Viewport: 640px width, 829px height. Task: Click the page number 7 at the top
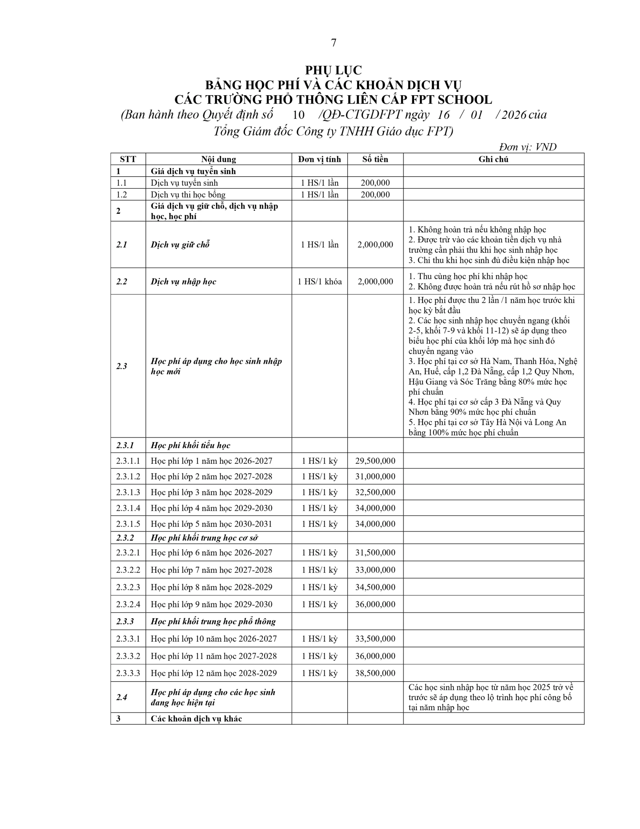click(334, 43)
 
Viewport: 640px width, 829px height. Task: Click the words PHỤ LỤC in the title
click(334, 70)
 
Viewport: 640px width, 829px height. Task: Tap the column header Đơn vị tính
click(319, 159)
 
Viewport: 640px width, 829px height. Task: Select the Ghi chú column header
click(493, 159)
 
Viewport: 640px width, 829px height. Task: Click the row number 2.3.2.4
click(128, 604)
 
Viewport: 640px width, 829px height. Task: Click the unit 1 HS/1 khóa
click(319, 282)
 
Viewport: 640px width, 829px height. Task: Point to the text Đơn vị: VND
click(528, 147)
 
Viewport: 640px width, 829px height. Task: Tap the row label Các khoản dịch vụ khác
click(196, 719)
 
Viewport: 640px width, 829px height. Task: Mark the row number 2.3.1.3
click(128, 492)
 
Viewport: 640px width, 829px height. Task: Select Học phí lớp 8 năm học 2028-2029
click(211, 587)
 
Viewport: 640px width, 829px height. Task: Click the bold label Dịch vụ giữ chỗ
click(180, 245)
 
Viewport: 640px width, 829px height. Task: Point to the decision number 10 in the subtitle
click(299, 115)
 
